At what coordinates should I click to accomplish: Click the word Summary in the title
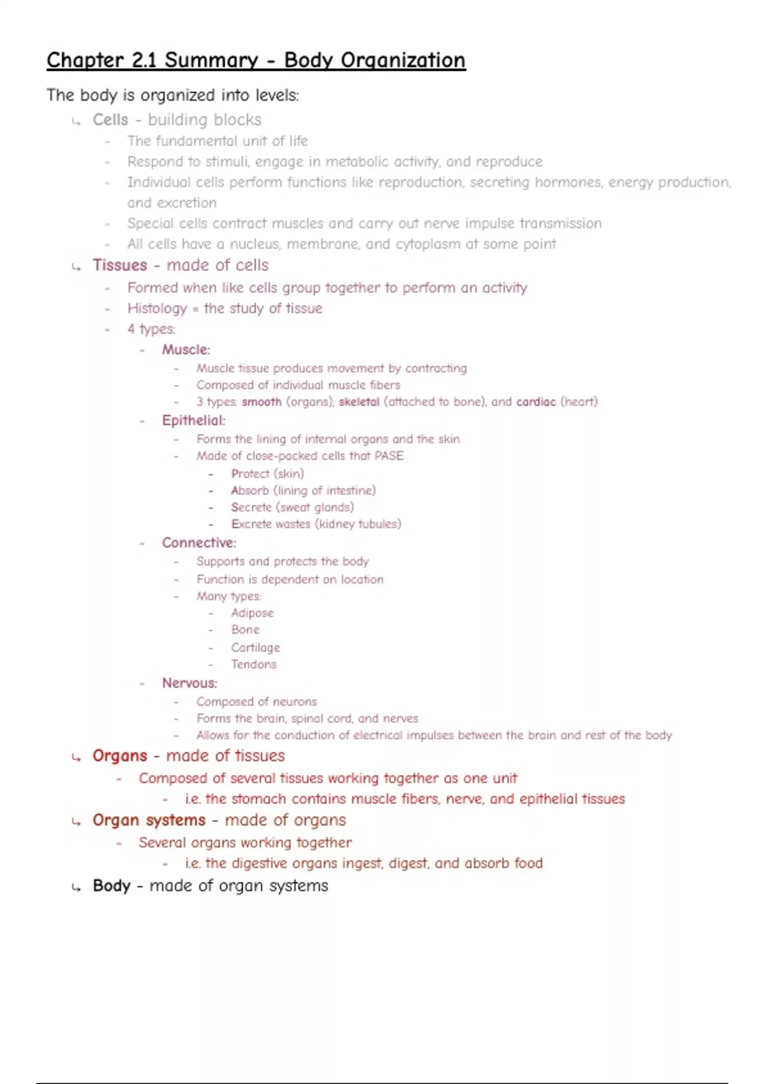(x=211, y=61)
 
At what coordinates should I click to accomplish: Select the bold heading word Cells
(x=110, y=120)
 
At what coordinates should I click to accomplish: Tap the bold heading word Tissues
(x=120, y=265)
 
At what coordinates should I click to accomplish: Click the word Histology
(x=157, y=309)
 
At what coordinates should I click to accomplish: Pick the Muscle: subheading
(x=186, y=349)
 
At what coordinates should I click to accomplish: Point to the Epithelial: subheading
(x=193, y=420)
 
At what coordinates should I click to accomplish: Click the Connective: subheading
(x=199, y=543)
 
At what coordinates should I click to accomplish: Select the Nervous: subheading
(x=189, y=683)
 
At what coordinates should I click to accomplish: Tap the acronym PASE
(x=389, y=456)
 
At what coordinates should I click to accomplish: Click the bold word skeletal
(x=359, y=402)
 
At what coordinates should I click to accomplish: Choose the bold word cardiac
(x=535, y=402)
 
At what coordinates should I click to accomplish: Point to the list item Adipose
(x=252, y=613)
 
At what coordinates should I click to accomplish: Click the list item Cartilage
(x=255, y=647)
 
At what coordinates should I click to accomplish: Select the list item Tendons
(x=254, y=664)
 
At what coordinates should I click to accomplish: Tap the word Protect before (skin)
(x=250, y=474)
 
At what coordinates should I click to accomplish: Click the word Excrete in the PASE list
(x=251, y=524)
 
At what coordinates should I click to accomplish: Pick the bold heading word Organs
(x=120, y=756)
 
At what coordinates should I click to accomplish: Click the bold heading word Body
(x=112, y=886)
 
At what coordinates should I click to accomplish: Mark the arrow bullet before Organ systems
(x=76, y=821)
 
